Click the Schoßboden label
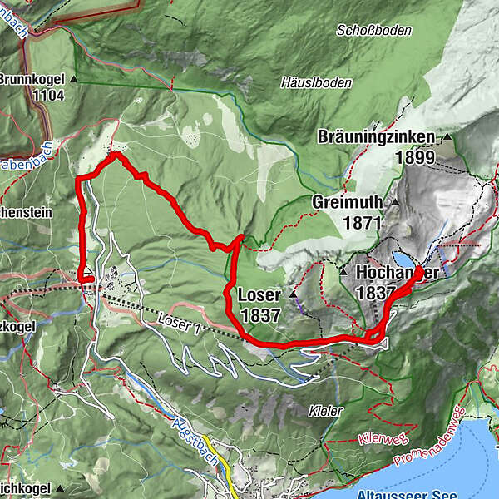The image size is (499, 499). [x=374, y=30]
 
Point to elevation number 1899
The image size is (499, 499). [x=417, y=157]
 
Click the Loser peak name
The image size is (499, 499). [x=259, y=295]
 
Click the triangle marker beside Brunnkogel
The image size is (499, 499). [x=73, y=80]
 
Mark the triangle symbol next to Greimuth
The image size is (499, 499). [x=395, y=202]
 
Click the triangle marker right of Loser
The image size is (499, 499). [x=294, y=294]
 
